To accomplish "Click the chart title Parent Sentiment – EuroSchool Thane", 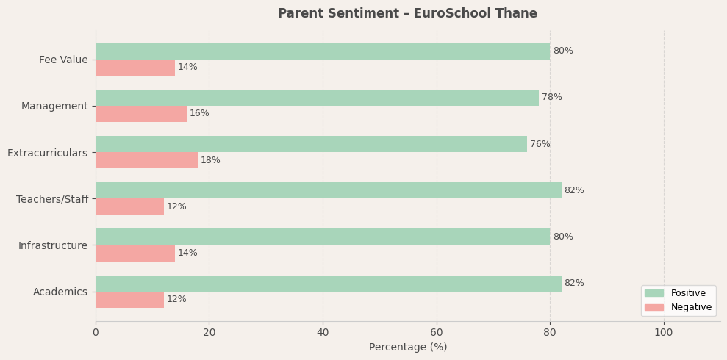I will [407, 14].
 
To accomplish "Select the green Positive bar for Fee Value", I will [322, 51].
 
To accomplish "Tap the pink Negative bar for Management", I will [140, 114].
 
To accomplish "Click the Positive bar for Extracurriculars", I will [311, 144].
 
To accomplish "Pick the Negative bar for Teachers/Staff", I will [129, 206].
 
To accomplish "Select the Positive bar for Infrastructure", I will [322, 237].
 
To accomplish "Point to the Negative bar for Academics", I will [129, 300].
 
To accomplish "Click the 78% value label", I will [551, 98].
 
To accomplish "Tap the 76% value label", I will [540, 145].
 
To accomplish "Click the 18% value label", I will [210, 161].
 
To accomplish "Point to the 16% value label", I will [199, 114].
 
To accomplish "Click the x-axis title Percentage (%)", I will [407, 348].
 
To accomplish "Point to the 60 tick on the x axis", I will [437, 333].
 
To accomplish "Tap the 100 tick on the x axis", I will [664, 333].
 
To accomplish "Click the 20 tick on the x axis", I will [209, 333].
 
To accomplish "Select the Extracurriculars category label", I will [47, 153].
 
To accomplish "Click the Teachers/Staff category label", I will [51, 199].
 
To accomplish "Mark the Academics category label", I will [60, 292].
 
